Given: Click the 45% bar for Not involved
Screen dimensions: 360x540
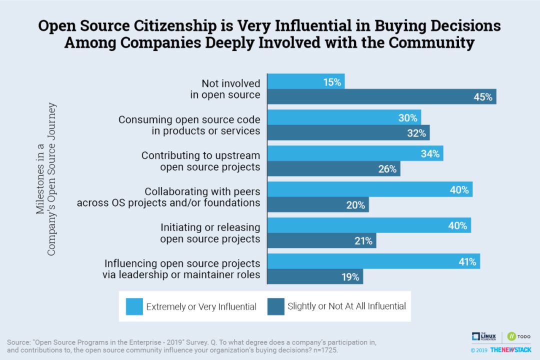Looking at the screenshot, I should [x=381, y=96].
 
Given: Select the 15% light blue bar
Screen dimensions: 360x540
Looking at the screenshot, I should [x=306, y=82].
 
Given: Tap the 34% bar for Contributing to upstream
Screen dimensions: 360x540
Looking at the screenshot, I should [x=355, y=153].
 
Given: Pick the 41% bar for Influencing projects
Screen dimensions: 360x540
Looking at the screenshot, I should [x=373, y=261].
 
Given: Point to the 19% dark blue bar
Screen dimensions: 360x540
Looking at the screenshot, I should [x=315, y=276].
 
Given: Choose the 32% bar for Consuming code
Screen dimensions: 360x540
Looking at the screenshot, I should [x=348, y=132].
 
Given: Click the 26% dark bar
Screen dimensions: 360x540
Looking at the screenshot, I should [x=334, y=169].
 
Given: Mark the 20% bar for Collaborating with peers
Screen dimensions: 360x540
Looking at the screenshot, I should [x=318, y=204].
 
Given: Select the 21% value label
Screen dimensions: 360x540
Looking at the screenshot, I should [x=363, y=240].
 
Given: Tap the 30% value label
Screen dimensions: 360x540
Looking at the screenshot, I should [x=408, y=118].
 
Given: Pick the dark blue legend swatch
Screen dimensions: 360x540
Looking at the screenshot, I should [x=275, y=306].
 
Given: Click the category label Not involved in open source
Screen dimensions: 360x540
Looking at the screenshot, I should [x=225, y=89].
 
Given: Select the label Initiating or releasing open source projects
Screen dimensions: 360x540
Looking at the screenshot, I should [x=210, y=233].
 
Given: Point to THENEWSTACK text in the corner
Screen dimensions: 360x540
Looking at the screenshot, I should [x=510, y=349].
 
